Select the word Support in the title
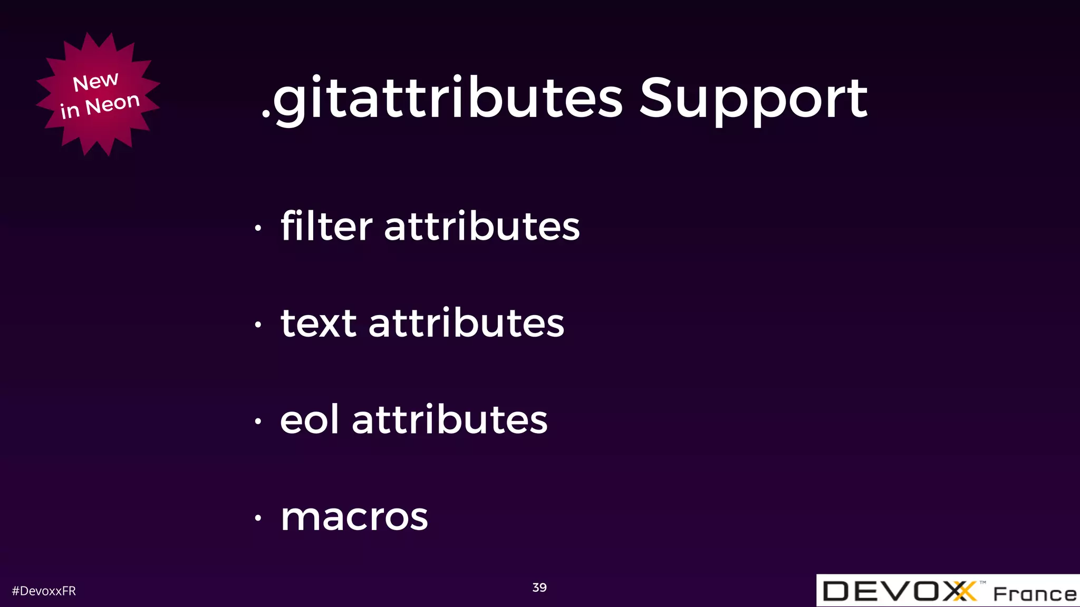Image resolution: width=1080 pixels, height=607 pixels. [x=753, y=99]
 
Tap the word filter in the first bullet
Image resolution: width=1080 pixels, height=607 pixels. [x=326, y=227]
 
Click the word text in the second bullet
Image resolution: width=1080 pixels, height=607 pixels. [x=319, y=323]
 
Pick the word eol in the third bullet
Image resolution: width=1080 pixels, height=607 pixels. [x=309, y=420]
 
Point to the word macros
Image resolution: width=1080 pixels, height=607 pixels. [x=354, y=517]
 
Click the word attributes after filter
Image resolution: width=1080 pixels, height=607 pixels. [x=482, y=227]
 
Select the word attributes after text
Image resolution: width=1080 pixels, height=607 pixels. [x=466, y=323]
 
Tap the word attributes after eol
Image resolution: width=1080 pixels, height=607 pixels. [x=450, y=420]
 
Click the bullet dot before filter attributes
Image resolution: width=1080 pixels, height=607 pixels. [x=258, y=228]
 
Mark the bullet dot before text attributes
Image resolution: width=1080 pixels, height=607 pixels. [x=258, y=325]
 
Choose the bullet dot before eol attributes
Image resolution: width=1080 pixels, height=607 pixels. [x=258, y=421]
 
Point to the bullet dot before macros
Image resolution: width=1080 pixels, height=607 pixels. [x=258, y=518]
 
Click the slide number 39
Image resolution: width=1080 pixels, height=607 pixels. [x=539, y=588]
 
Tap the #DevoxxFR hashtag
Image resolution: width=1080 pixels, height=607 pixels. [x=44, y=591]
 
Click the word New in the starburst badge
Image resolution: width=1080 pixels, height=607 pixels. [x=95, y=82]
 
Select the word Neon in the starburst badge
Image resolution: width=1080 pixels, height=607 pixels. [x=112, y=104]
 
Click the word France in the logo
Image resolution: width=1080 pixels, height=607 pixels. [x=1035, y=594]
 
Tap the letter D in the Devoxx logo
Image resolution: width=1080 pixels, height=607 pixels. [x=836, y=591]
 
